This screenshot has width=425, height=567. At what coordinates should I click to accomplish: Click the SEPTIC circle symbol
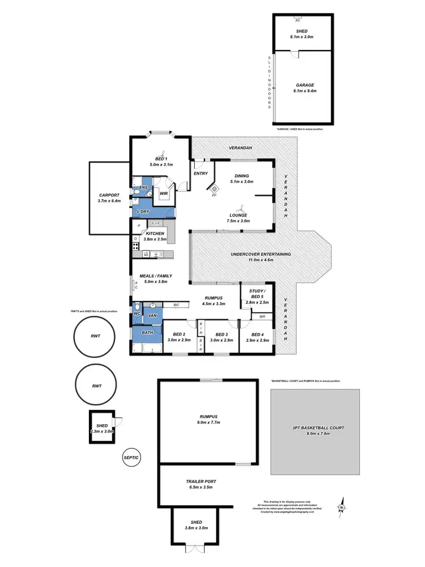pyautogui.click(x=131, y=457)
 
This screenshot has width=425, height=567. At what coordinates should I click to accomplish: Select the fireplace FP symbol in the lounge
pyautogui.click(x=214, y=191)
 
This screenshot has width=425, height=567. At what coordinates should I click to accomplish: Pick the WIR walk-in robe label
pyautogui.click(x=163, y=194)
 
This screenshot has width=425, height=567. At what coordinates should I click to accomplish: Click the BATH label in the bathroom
pyautogui.click(x=147, y=332)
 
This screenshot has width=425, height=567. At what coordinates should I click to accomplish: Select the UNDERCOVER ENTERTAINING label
pyautogui.click(x=261, y=257)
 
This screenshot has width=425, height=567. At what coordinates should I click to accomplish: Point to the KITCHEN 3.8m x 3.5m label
pyautogui.click(x=155, y=236)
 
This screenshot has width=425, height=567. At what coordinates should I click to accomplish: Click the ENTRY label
pyautogui.click(x=201, y=174)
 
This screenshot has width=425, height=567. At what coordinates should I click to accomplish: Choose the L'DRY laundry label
pyautogui.click(x=143, y=211)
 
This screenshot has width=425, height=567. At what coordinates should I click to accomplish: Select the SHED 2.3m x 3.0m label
pyautogui.click(x=102, y=428)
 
